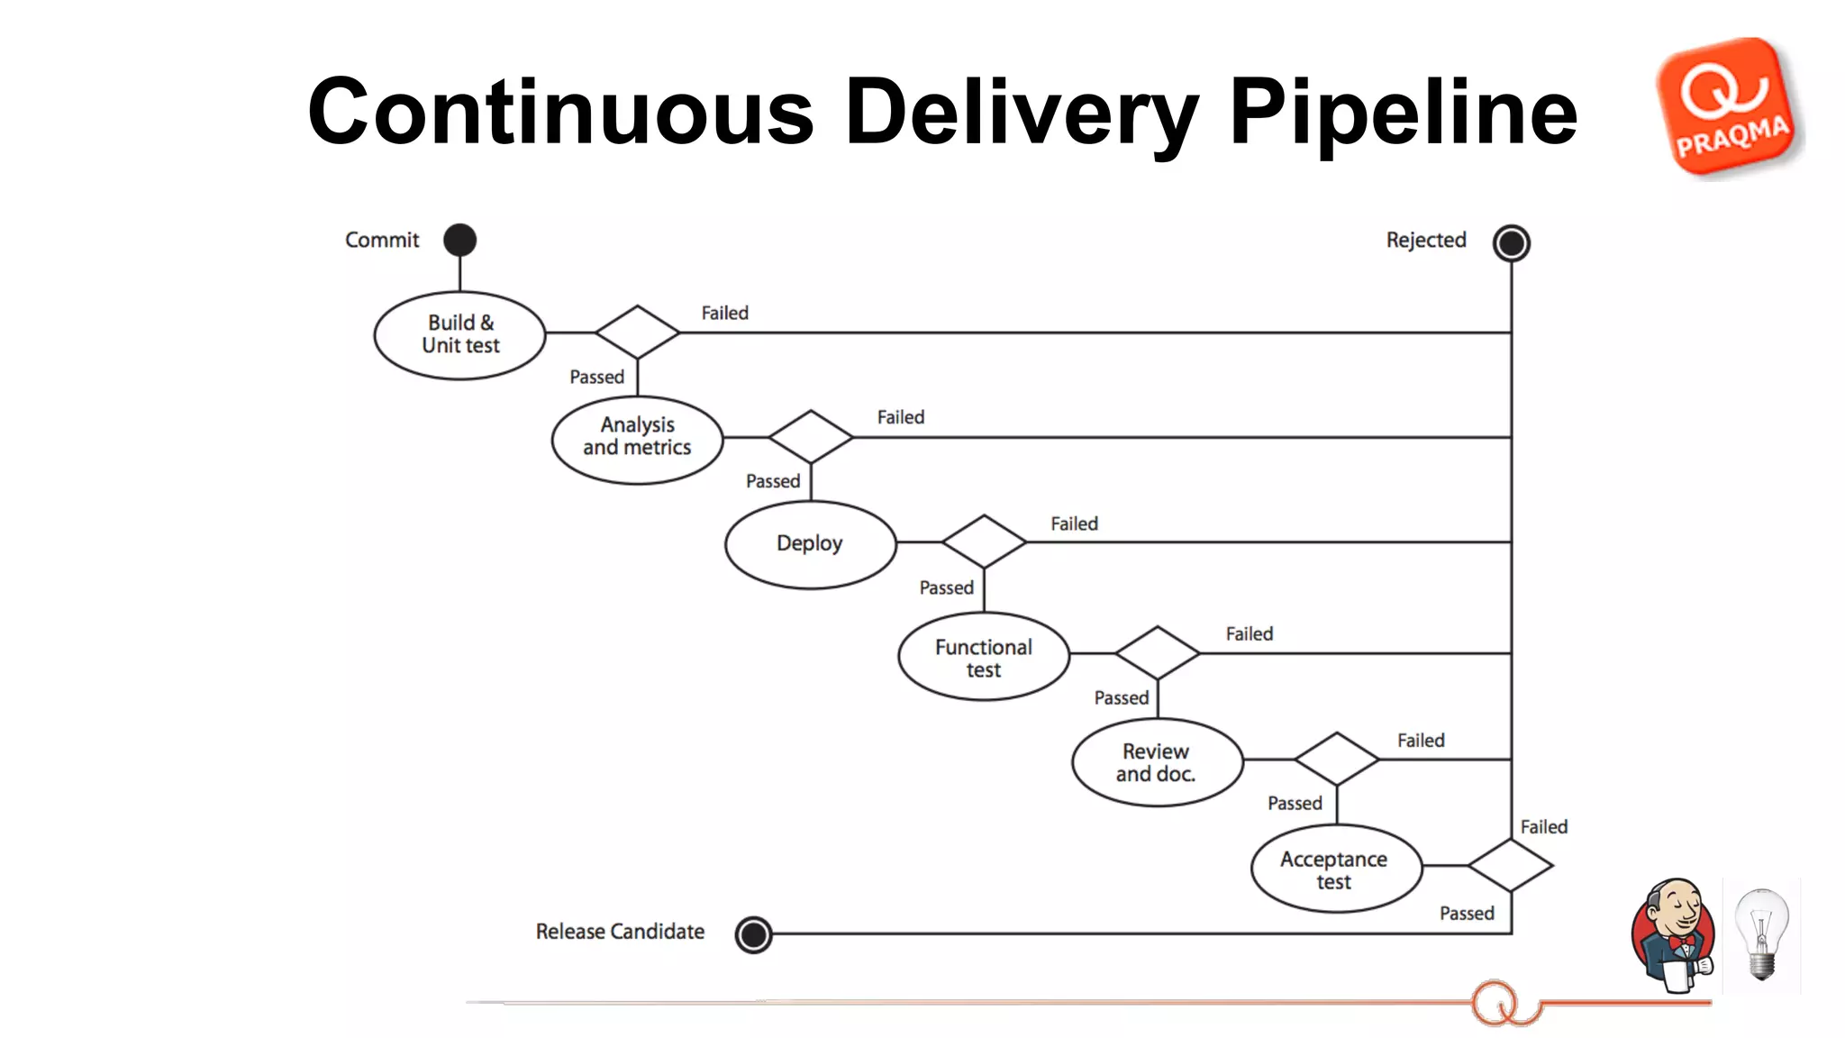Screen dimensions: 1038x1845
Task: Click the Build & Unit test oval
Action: pyautogui.click(x=459, y=335)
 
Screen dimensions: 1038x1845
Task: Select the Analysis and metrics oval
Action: pyautogui.click(x=637, y=440)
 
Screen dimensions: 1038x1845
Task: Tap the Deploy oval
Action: pyautogui.click(x=810, y=544)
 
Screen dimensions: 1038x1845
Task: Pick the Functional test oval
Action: pyautogui.click(x=984, y=657)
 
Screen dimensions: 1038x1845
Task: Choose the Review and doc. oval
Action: pyautogui.click(x=1157, y=762)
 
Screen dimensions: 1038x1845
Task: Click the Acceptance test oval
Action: pyautogui.click(x=1335, y=869)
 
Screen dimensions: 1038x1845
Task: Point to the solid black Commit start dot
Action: pyautogui.click(x=459, y=240)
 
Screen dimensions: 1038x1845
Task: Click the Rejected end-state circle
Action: pyautogui.click(x=1511, y=242)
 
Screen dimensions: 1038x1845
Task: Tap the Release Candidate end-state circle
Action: pyautogui.click(x=753, y=934)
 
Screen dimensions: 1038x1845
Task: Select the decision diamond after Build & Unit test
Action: pyautogui.click(x=637, y=332)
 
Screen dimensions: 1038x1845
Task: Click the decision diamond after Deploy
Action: pyautogui.click(x=984, y=542)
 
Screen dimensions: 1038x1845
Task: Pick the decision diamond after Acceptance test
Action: pyautogui.click(x=1510, y=866)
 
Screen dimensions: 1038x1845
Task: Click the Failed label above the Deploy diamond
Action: pyautogui.click(x=1074, y=524)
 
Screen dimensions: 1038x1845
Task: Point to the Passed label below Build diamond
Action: pyautogui.click(x=596, y=377)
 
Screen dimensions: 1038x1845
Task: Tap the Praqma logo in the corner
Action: pyautogui.click(x=1728, y=107)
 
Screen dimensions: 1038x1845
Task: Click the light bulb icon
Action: pyautogui.click(x=1761, y=934)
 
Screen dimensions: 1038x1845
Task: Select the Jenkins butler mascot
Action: pyautogui.click(x=1674, y=934)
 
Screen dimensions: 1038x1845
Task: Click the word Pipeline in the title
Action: pyautogui.click(x=1402, y=112)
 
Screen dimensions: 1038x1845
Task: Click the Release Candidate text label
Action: pyautogui.click(x=620, y=932)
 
